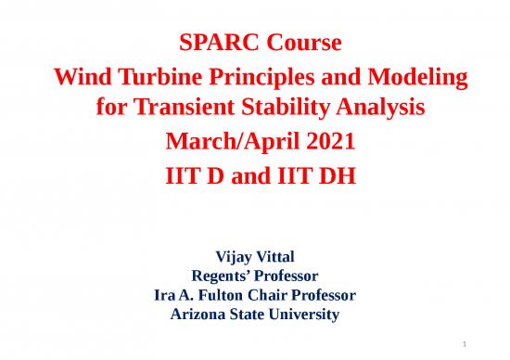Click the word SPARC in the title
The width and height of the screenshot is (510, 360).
click(210, 44)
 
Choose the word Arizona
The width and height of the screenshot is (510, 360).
click(202, 315)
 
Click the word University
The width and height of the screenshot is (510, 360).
click(304, 315)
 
